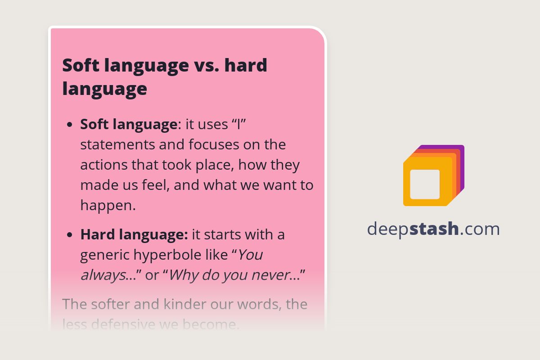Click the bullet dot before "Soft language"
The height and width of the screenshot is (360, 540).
point(69,125)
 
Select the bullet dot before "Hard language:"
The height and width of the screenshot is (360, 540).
point(69,235)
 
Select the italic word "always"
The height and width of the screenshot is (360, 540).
point(103,275)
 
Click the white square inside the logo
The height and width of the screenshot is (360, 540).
point(425,184)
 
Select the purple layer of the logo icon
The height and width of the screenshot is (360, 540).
point(461,155)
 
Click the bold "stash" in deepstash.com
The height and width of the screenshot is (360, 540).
point(434,229)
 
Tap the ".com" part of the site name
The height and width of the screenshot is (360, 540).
point(480,229)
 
